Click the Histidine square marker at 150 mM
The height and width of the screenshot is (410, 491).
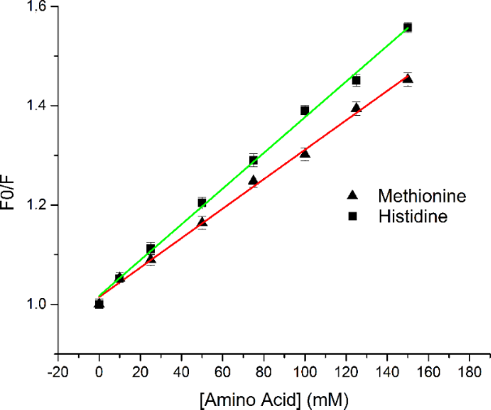407,28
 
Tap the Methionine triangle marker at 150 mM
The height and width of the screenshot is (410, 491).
407,79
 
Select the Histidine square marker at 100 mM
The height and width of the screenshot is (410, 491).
304,110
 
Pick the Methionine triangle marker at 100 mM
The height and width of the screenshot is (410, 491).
304,153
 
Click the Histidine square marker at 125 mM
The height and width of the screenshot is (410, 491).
355,80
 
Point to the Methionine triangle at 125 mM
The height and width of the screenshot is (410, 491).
355,107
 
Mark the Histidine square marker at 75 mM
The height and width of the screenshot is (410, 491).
253,160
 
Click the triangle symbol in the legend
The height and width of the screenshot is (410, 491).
351,195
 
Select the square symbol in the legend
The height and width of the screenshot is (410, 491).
351,216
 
